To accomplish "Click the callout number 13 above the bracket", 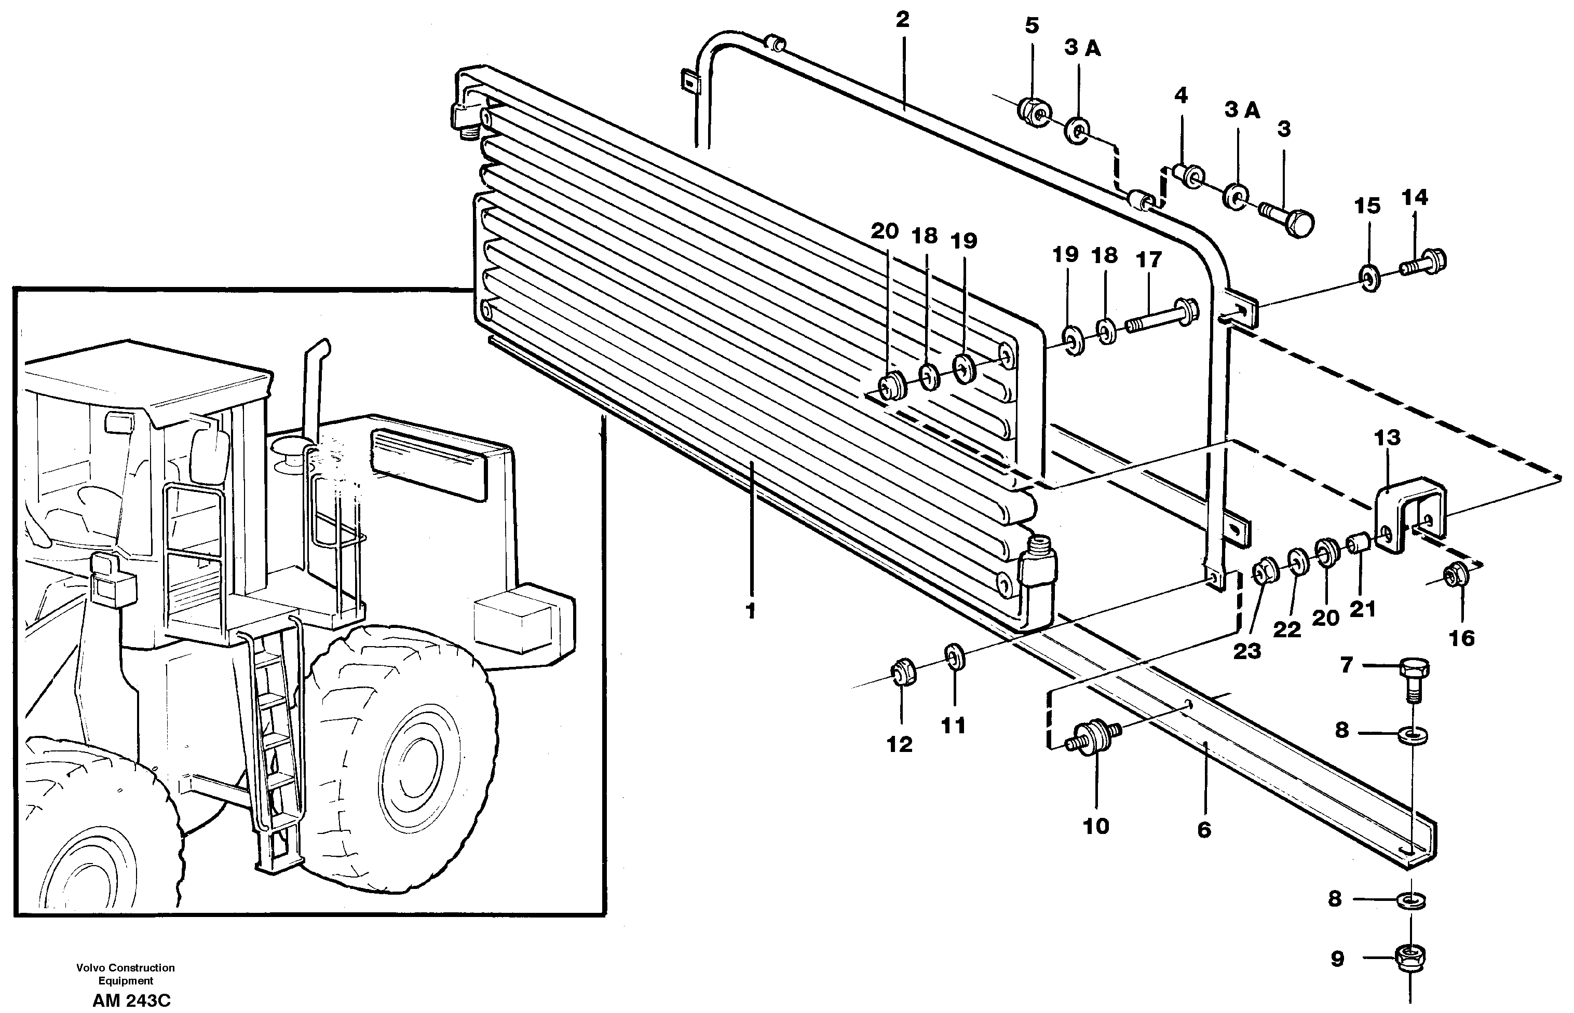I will point(1387,437).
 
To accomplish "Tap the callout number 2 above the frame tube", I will point(903,20).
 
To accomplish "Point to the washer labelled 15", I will point(1370,278).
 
